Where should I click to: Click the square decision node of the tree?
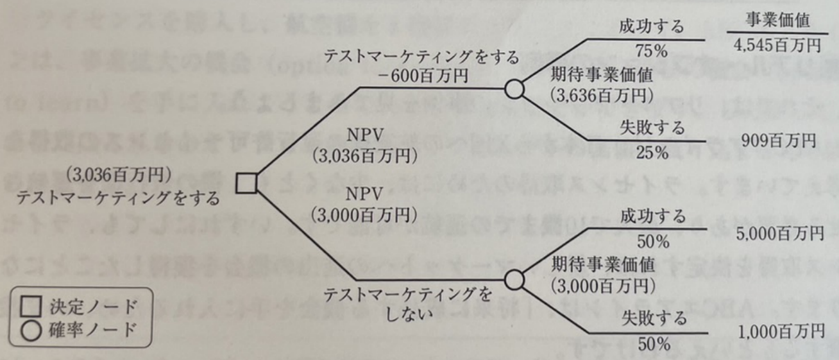tap(246, 183)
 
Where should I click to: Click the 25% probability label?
tap(652, 153)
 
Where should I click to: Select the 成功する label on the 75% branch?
tap(652, 28)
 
